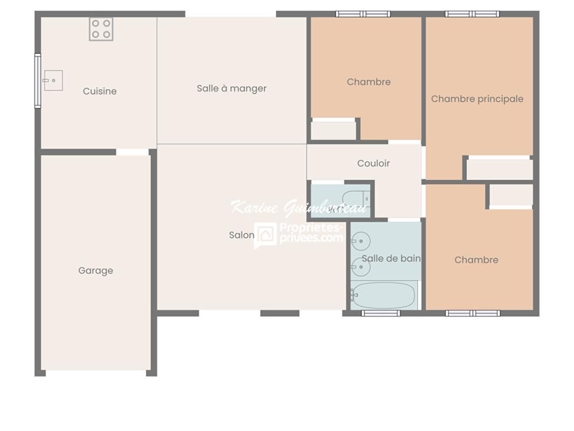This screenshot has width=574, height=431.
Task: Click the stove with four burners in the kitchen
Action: pos(101,29)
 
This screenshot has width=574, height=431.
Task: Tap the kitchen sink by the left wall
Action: pos(53,80)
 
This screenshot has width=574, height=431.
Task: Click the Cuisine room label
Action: pos(100,91)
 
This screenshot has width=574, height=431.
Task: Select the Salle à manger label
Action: pos(232,88)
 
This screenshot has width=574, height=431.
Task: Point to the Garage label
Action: pos(96,270)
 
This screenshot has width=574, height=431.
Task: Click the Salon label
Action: pos(241,235)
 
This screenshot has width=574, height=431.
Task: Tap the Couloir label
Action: pos(373,163)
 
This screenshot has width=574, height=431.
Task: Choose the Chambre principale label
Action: pos(477,99)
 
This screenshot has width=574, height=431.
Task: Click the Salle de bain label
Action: pos(391,259)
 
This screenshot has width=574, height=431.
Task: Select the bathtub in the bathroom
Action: pos(383,295)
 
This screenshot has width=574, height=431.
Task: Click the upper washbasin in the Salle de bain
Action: pos(360,240)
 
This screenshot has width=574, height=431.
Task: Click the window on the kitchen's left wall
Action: pos(38,81)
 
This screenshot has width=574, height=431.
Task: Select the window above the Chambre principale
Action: pos(472,14)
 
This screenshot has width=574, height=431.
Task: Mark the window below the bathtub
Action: pos(381,313)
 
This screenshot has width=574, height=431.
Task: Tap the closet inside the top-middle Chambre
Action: pos(334,130)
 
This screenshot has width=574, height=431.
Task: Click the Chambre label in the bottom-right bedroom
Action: pos(476,260)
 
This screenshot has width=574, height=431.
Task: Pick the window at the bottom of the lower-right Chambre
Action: pos(473,313)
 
